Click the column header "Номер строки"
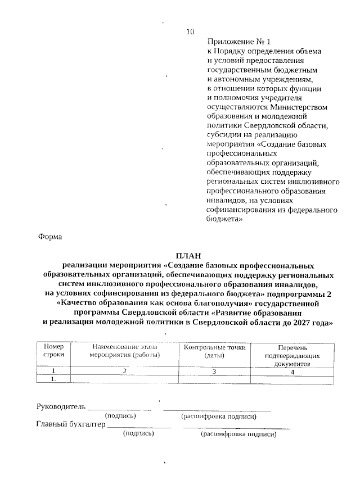(x=53, y=351)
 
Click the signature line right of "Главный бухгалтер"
(x=139, y=428)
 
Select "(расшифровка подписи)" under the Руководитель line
(x=219, y=416)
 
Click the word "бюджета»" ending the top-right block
(x=225, y=220)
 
